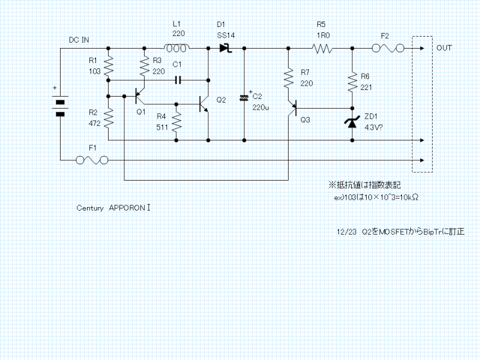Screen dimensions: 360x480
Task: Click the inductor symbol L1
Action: (x=178, y=49)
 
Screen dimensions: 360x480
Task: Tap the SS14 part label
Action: (x=226, y=36)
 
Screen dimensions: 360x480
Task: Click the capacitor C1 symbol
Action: (x=178, y=79)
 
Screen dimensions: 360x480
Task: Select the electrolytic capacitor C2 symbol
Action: (x=244, y=98)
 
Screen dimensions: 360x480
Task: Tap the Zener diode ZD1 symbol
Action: (x=352, y=122)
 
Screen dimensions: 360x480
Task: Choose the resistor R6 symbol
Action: (x=352, y=82)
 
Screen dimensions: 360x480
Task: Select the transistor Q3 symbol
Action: (x=292, y=107)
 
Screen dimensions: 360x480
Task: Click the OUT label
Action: (x=445, y=48)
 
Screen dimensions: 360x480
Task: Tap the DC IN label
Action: (x=79, y=40)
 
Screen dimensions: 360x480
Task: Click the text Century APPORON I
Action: (x=113, y=208)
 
